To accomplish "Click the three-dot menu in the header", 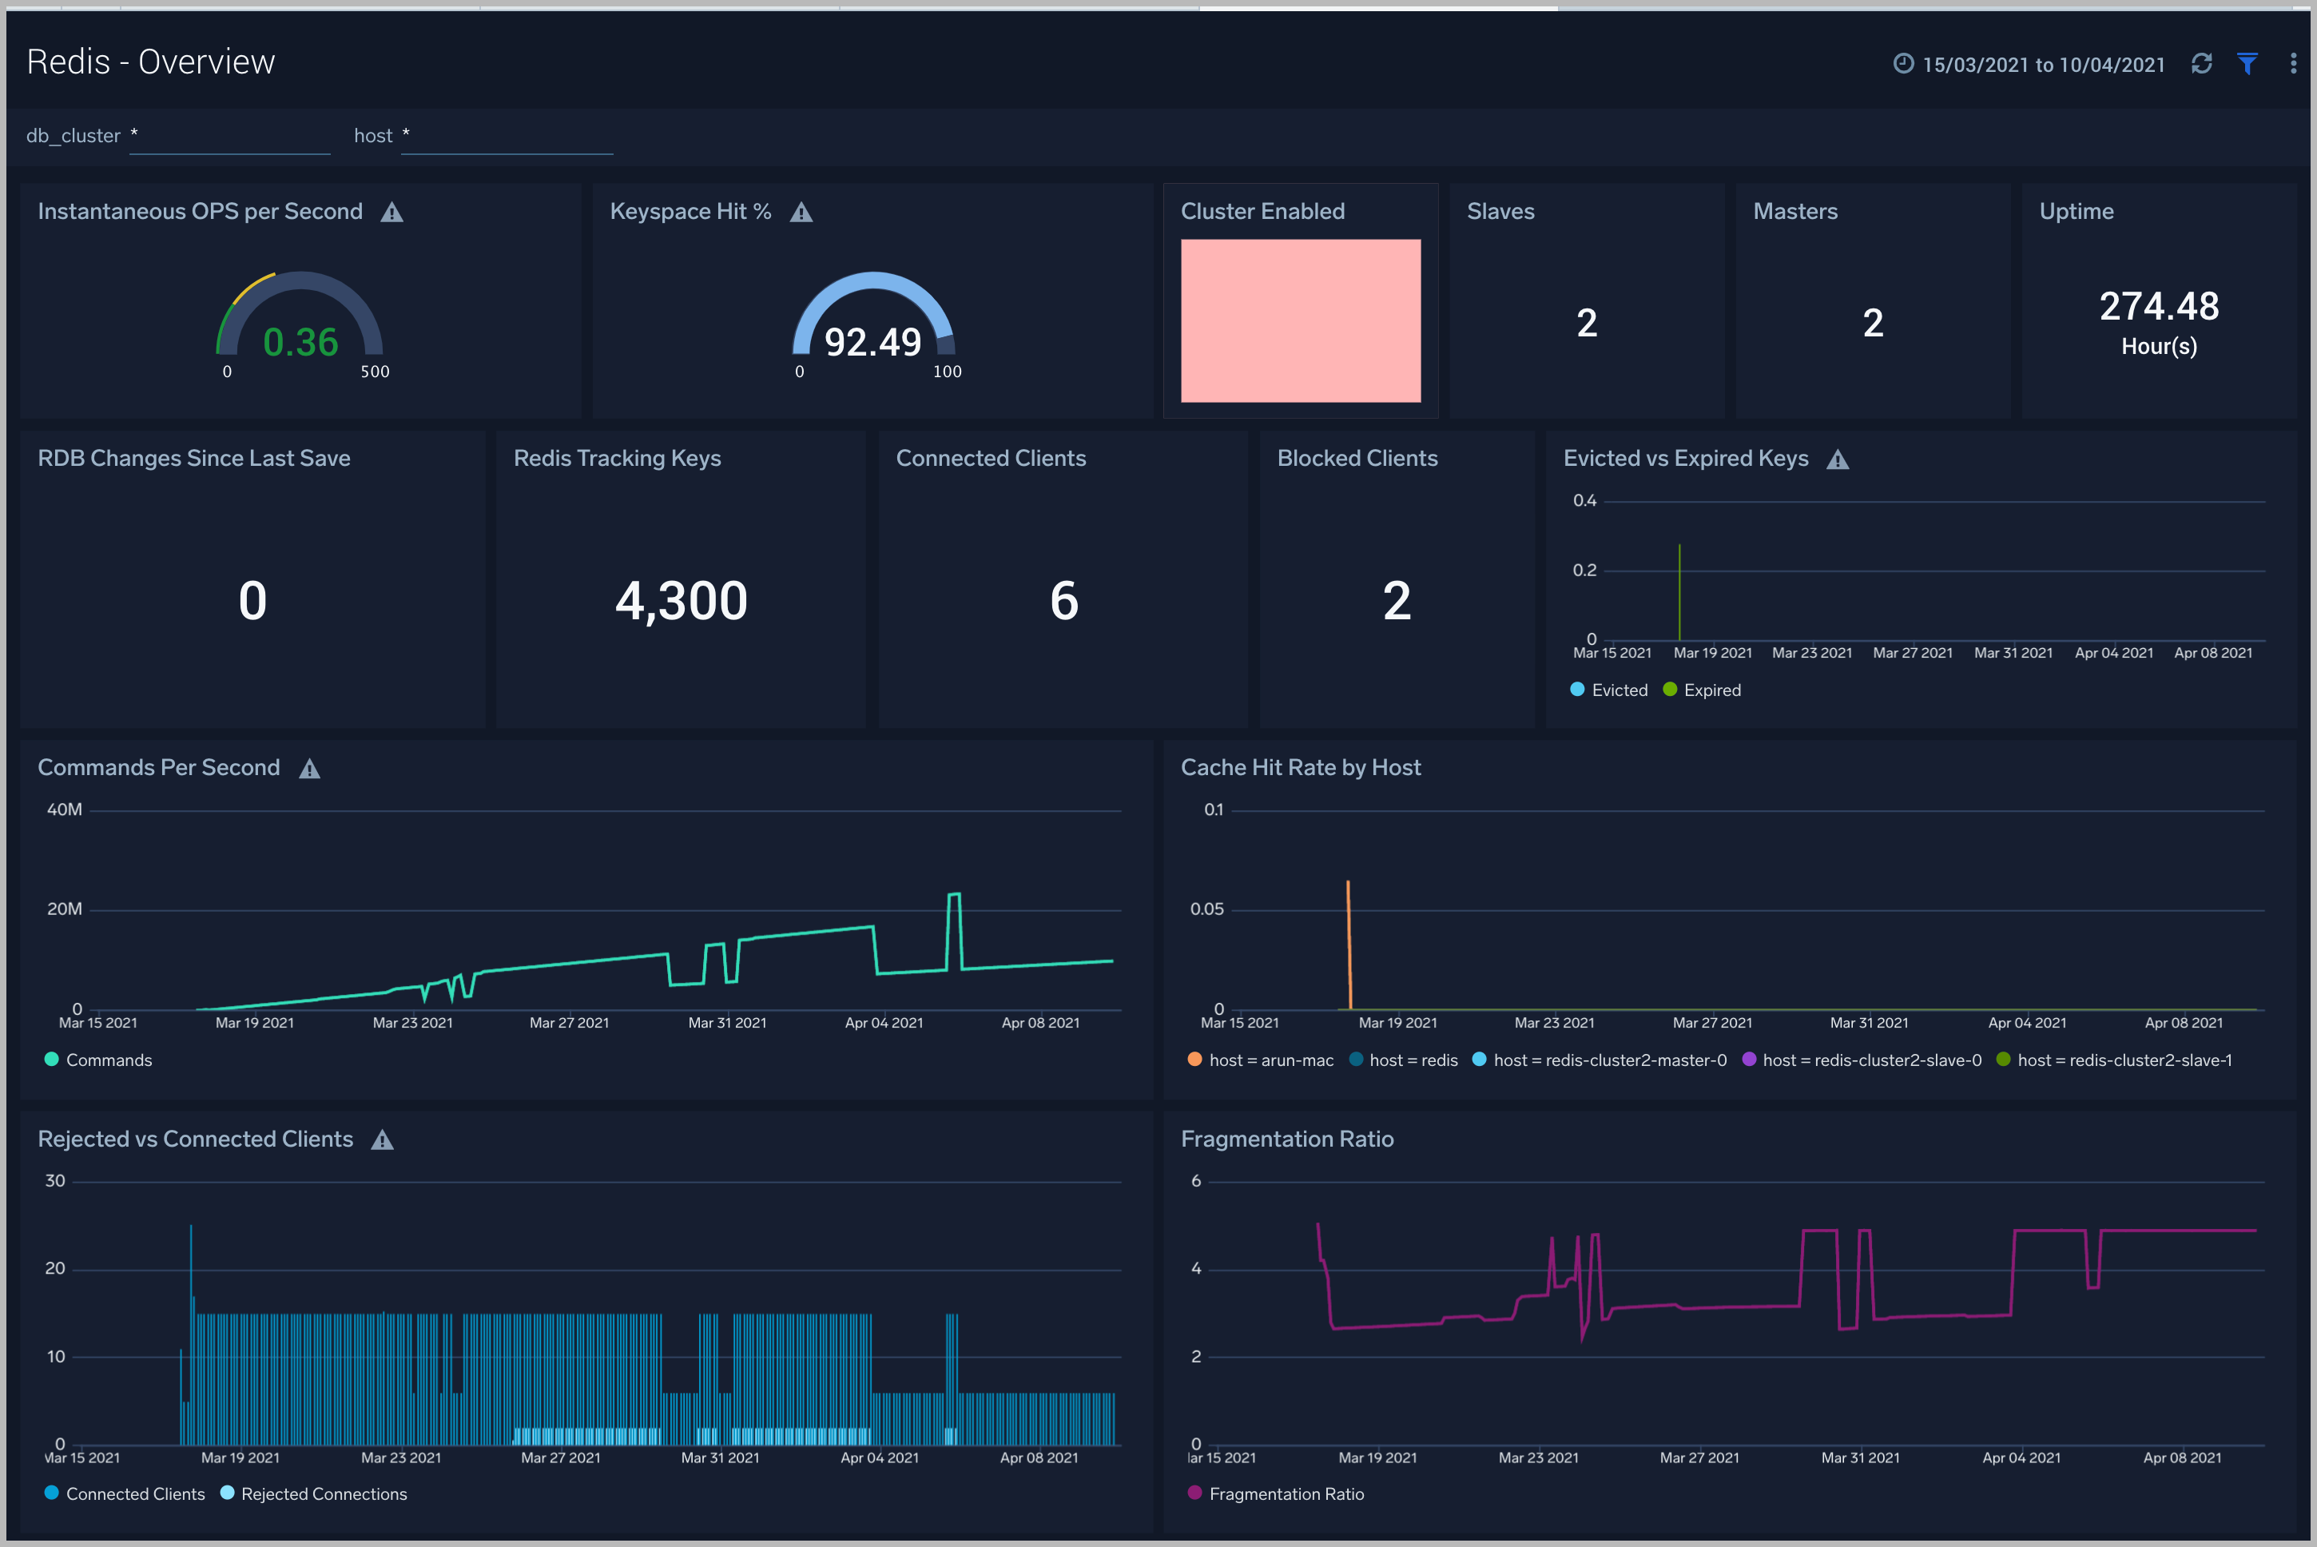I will coord(2292,64).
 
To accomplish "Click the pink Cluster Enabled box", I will coord(1300,320).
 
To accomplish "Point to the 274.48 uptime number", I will coord(2158,307).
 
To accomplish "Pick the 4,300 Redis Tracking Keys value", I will coord(681,601).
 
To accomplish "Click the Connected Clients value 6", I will coord(1063,601).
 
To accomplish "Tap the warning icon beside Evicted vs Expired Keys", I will coord(1837,459).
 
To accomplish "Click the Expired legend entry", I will coord(1711,690).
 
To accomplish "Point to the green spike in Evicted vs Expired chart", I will coord(1679,592).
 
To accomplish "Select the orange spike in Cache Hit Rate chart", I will coord(1349,937).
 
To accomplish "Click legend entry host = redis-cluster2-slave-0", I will coord(1870,1060).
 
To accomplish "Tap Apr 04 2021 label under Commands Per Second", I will coord(883,1023).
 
